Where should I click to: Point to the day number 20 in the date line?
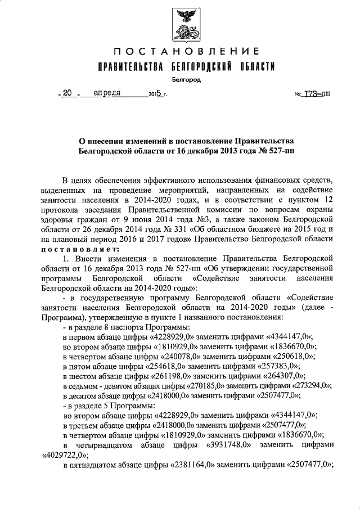coord(68,94)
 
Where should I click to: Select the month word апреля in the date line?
coord(108,94)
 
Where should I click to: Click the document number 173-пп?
coord(317,94)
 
